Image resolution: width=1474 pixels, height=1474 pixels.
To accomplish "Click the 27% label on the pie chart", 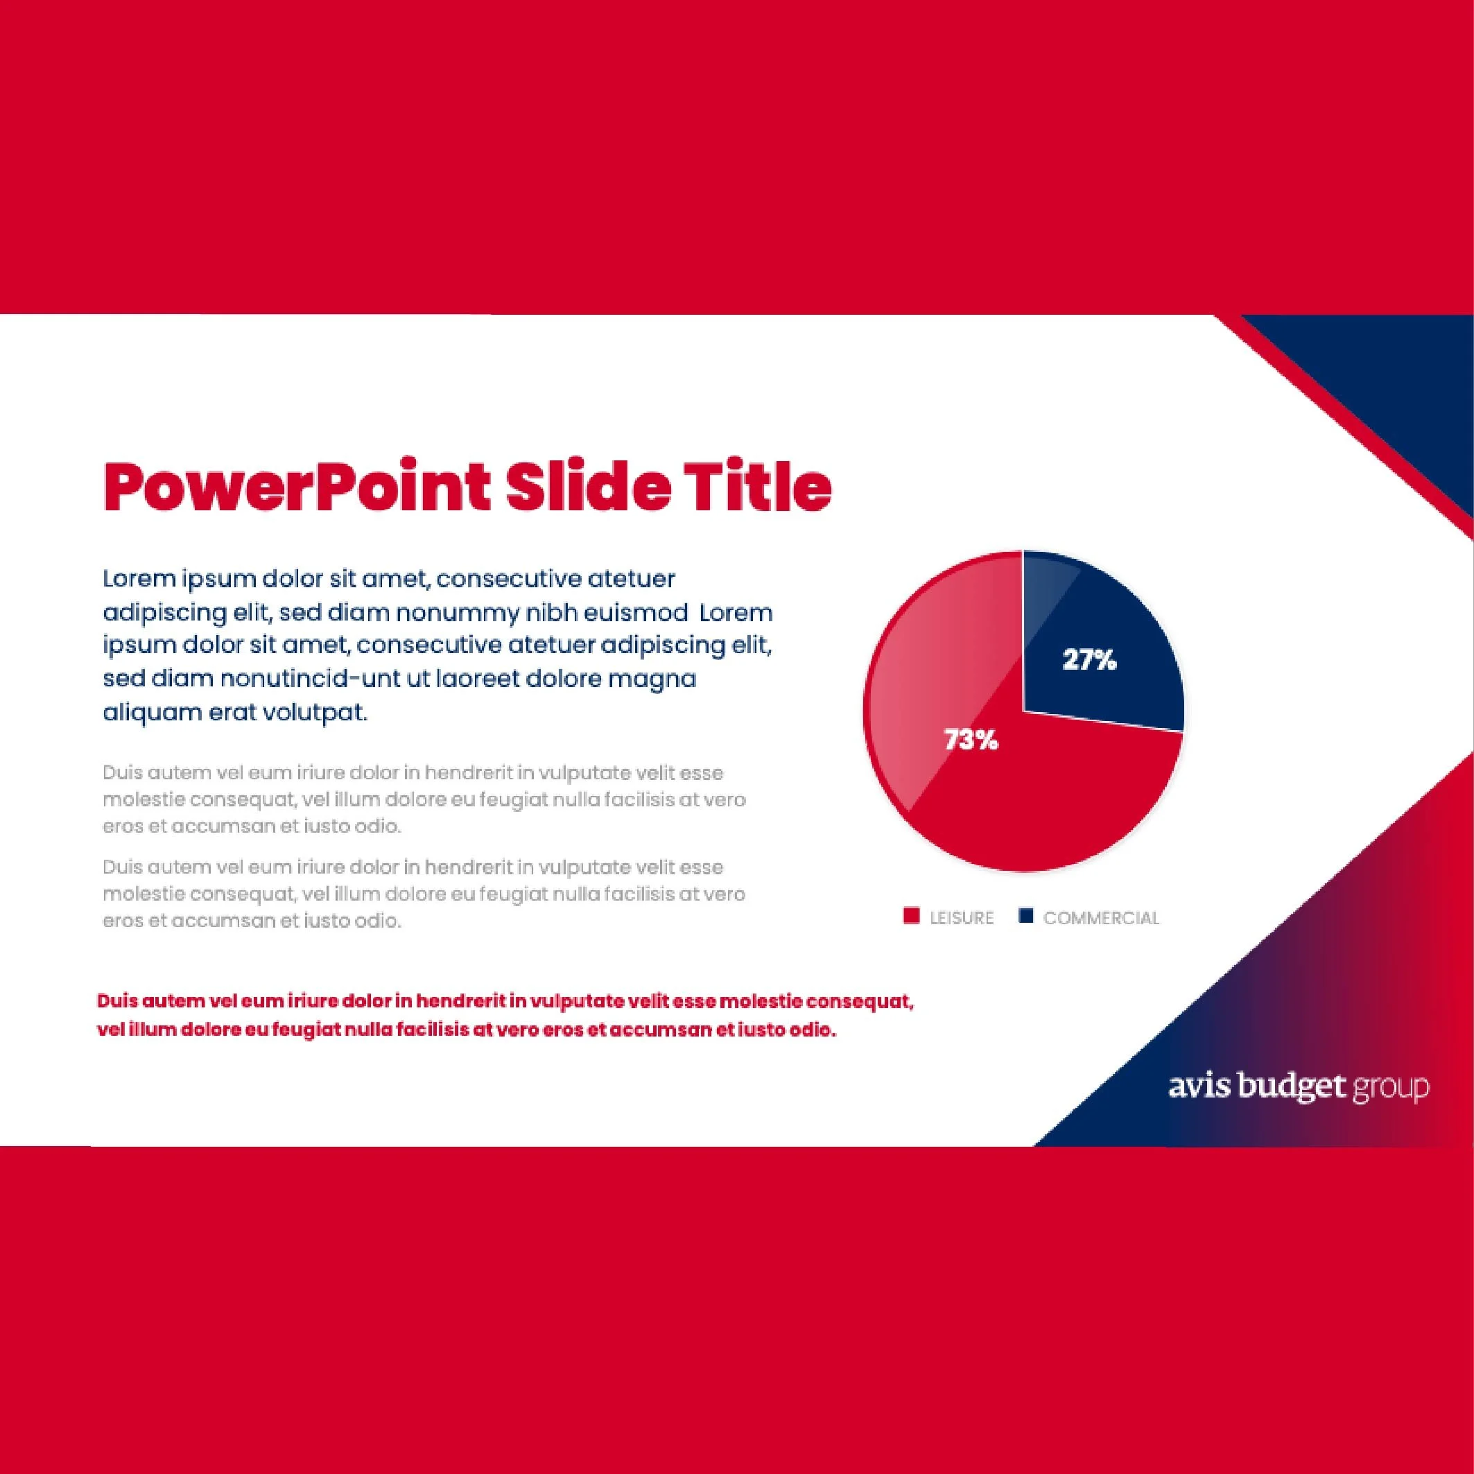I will pyautogui.click(x=1089, y=660).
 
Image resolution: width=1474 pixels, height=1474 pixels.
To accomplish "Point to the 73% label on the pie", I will pyautogui.click(x=971, y=739).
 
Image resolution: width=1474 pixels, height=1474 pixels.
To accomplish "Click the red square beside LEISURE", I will pyautogui.click(x=911, y=917).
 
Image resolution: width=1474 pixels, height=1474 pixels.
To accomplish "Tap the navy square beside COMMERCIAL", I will pyautogui.click(x=1025, y=917).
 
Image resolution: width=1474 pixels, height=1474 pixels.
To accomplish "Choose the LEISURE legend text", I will pyautogui.click(x=962, y=918).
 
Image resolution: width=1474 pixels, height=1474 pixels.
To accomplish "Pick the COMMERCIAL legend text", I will pyautogui.click(x=1101, y=918).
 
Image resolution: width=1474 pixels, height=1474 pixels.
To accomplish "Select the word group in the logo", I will pyautogui.click(x=1391, y=1089).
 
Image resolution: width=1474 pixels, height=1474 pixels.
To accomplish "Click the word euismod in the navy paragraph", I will pyautogui.click(x=632, y=613).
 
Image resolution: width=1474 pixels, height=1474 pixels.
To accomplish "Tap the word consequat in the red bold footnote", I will pyautogui.click(x=859, y=1001).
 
